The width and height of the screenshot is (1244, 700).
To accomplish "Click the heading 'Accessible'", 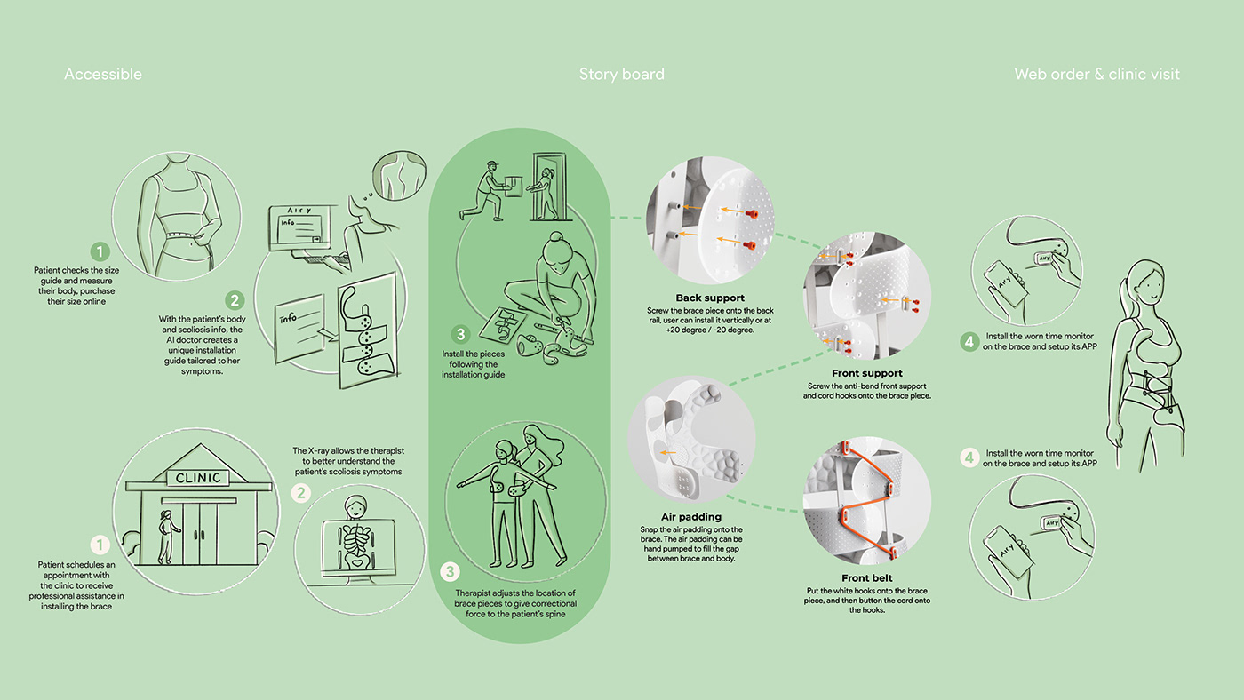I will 102,75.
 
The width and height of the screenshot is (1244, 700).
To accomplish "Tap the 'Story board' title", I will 621,75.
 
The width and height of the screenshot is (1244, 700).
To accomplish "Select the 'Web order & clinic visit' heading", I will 1096,75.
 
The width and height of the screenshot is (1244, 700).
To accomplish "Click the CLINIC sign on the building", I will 198,478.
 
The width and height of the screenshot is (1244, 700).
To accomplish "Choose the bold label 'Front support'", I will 866,374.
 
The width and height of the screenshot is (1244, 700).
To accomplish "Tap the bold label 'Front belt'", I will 866,578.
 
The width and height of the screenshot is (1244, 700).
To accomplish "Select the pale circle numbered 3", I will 451,571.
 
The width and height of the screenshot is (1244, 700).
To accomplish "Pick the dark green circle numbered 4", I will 969,341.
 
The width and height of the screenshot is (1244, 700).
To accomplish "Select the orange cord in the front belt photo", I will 866,497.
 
